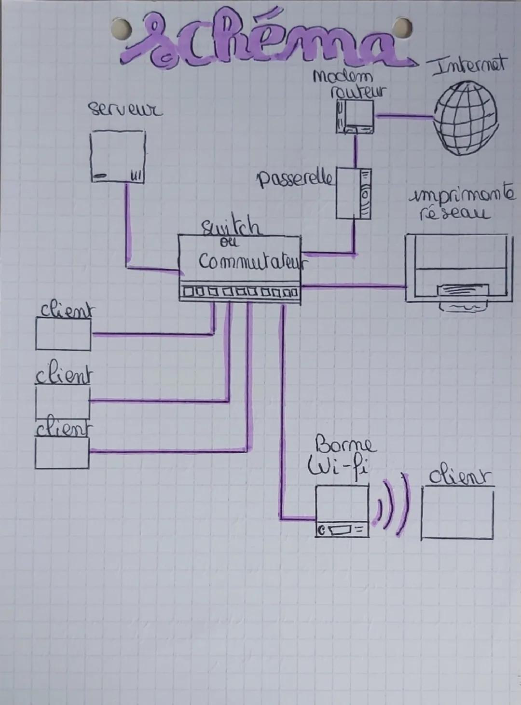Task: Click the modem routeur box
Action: pos(355,118)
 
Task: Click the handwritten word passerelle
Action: pos(295,179)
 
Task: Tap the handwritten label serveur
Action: pos(125,109)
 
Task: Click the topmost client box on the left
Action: pos(63,334)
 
